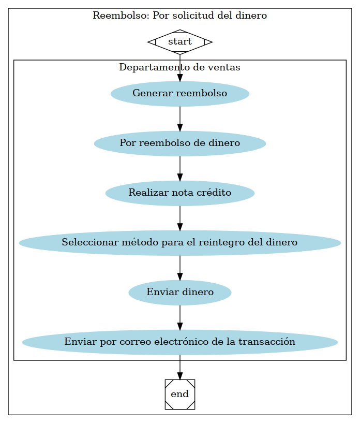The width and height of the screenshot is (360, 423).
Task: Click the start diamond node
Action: click(x=179, y=41)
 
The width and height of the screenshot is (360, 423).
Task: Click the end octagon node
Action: click(x=179, y=394)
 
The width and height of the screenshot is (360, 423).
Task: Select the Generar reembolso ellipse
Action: click(x=179, y=94)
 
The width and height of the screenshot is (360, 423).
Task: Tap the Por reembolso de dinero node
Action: click(x=179, y=143)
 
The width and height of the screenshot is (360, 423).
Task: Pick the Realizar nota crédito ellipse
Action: click(x=179, y=193)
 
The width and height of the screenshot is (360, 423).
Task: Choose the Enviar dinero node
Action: click(x=179, y=292)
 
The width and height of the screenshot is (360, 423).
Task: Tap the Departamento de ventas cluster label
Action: click(x=179, y=67)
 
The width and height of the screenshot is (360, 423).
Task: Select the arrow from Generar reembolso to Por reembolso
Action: click(x=179, y=119)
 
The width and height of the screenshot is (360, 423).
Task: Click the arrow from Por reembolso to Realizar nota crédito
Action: click(x=179, y=168)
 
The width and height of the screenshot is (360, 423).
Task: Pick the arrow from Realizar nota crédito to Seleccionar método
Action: click(x=179, y=217)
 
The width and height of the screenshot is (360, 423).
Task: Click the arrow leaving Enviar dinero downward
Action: click(x=179, y=317)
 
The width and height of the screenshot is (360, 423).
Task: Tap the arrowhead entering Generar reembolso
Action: click(x=179, y=77)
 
